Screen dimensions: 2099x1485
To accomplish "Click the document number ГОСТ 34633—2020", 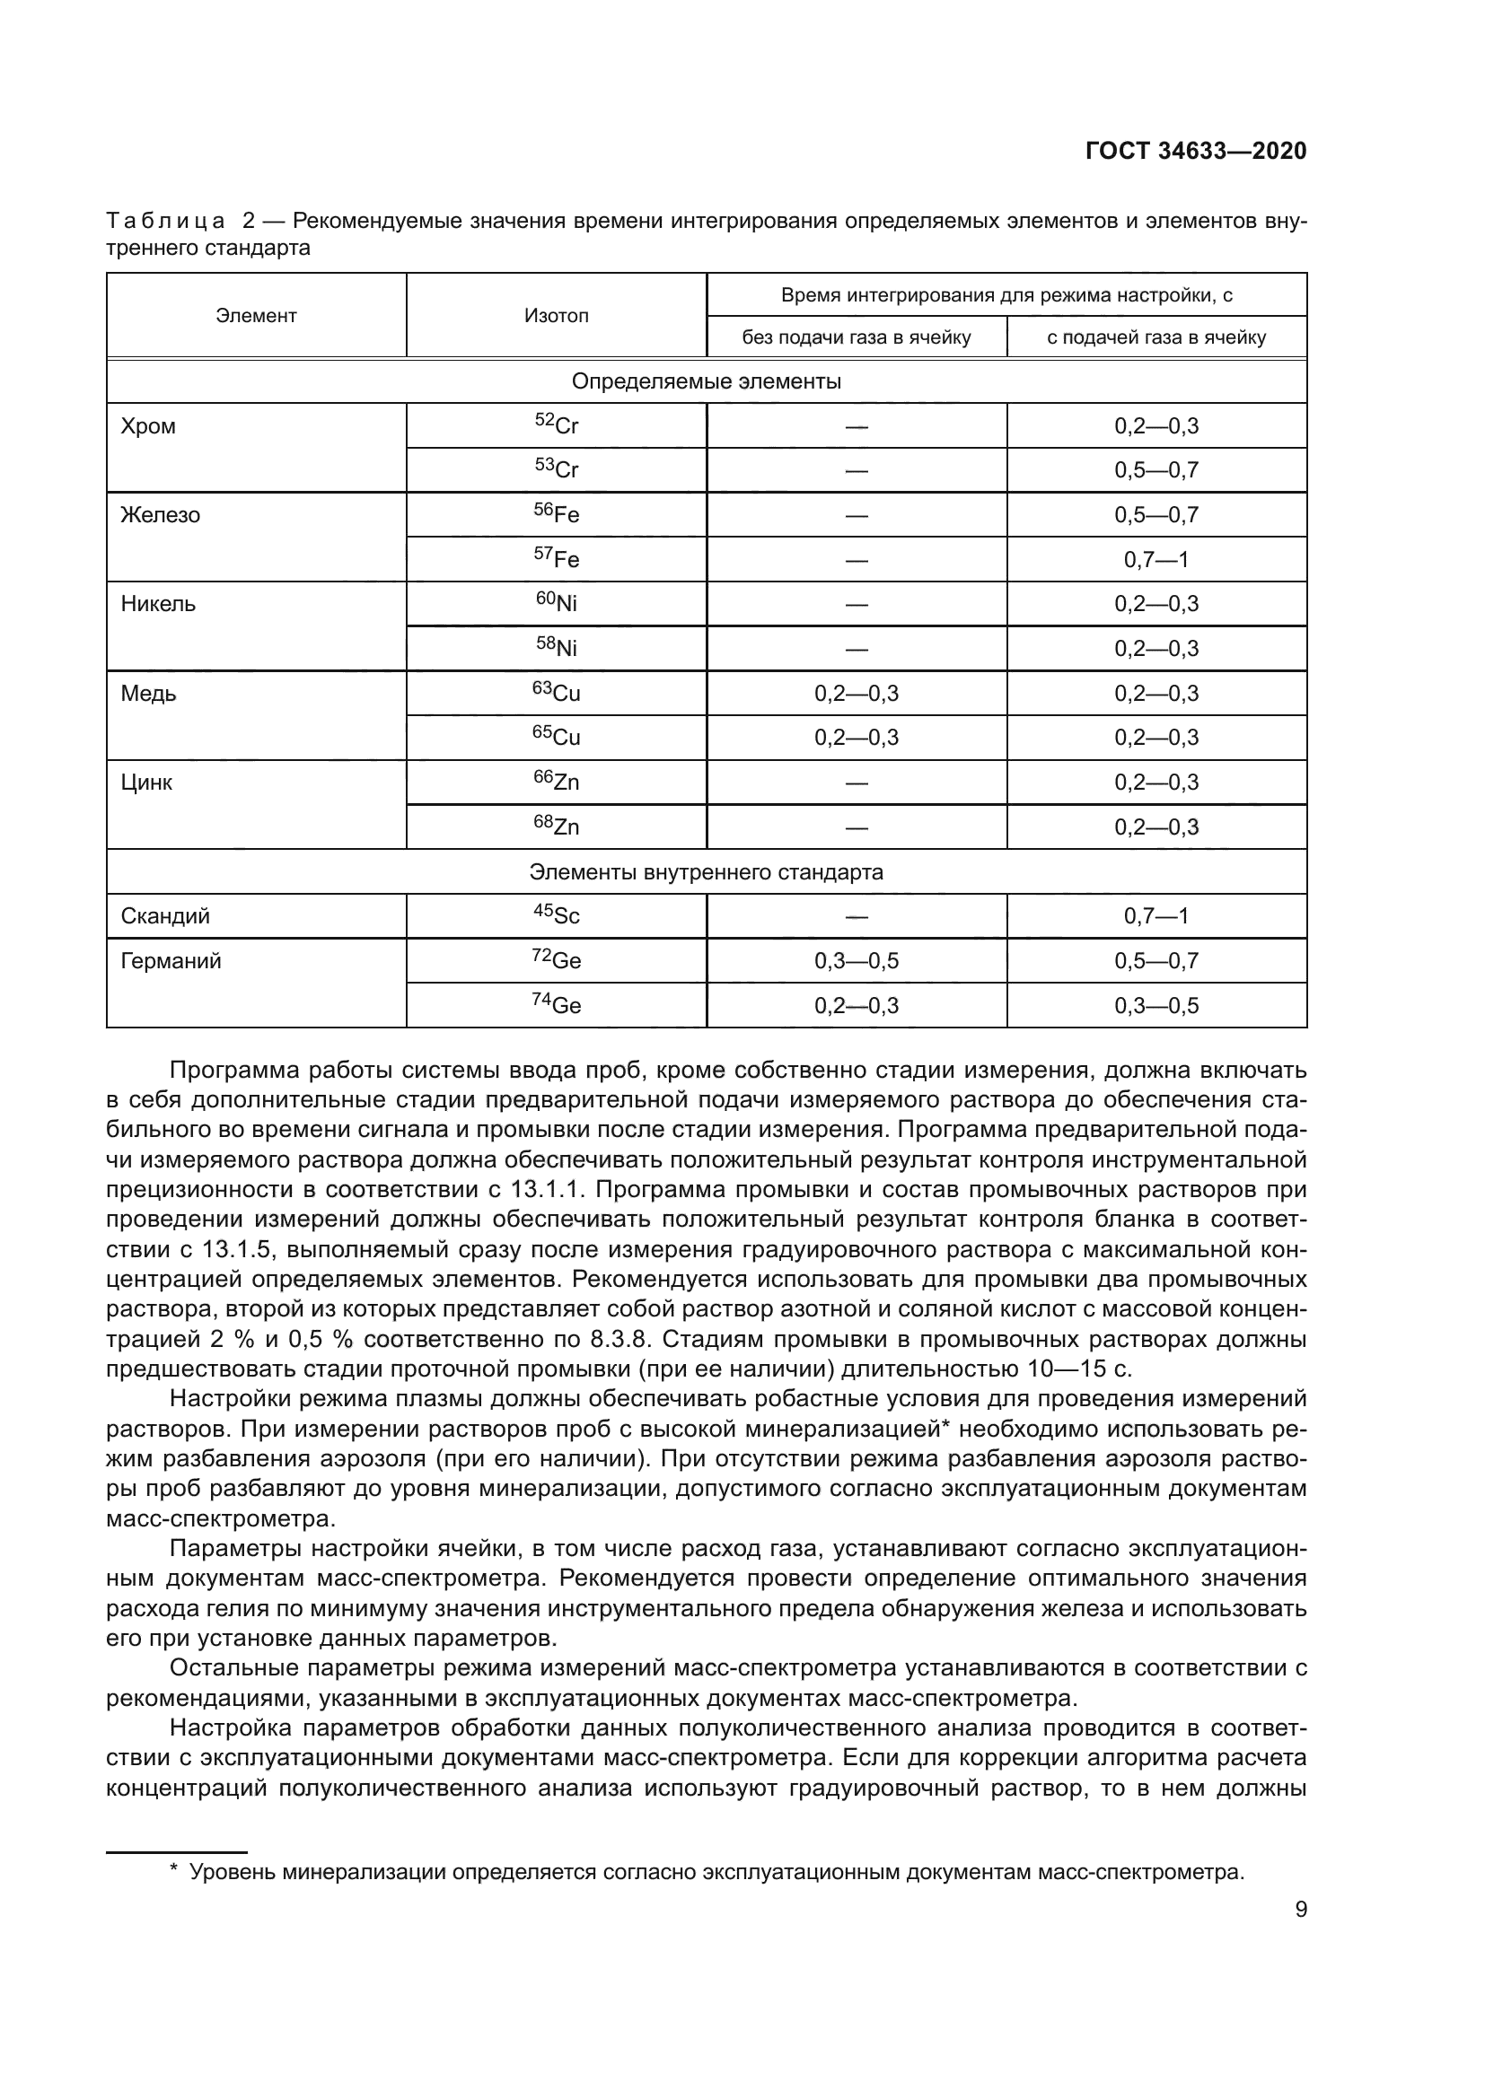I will pyautogui.click(x=1195, y=152).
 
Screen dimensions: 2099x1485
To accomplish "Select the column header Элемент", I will pyautogui.click(x=256, y=315).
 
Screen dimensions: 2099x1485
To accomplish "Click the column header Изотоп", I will pyautogui.click(x=556, y=315).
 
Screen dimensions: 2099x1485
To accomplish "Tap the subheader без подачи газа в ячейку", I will pyautogui.click(x=856, y=337).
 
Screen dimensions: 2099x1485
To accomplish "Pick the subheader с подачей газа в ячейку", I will pyautogui.click(x=1155, y=337).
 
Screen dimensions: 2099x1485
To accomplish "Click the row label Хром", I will pyautogui.click(x=148, y=427).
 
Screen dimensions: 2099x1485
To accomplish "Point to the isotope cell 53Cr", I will pyautogui.click(x=556, y=470).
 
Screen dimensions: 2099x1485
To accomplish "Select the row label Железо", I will pyautogui.click(x=160, y=516).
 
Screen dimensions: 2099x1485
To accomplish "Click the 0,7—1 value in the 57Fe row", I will pyautogui.click(x=1155, y=559).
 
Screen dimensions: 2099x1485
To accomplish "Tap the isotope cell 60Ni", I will pyautogui.click(x=556, y=603).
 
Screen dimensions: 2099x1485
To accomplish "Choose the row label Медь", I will pyautogui.click(x=148, y=694).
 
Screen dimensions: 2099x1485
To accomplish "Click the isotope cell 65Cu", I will pyautogui.click(x=556, y=737).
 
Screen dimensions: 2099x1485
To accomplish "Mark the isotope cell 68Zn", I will pyautogui.click(x=556, y=826).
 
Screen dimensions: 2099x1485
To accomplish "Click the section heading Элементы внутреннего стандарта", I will pyautogui.click(x=706, y=872).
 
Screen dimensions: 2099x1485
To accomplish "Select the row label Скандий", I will pyautogui.click(x=165, y=916).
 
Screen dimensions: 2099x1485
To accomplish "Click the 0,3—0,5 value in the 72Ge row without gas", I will pyautogui.click(x=856, y=961).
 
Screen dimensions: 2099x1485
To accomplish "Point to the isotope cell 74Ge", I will pyautogui.click(x=556, y=1005).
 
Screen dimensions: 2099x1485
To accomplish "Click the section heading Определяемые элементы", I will pyautogui.click(x=706, y=381).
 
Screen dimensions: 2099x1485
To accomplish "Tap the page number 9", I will pyautogui.click(x=1300, y=1910).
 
